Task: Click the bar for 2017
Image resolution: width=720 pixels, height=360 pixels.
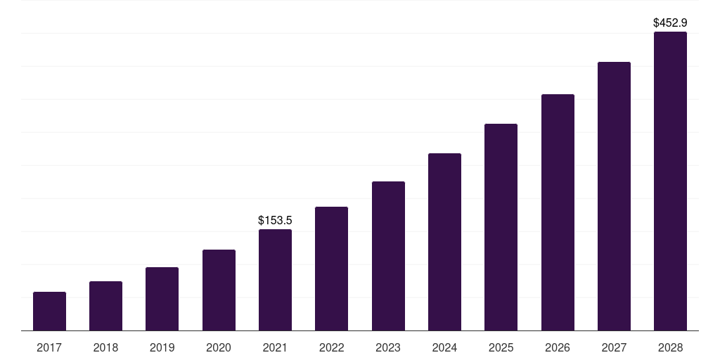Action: click(49, 311)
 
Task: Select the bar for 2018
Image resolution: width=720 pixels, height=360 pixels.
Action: click(105, 306)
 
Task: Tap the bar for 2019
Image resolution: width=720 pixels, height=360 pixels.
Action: click(162, 299)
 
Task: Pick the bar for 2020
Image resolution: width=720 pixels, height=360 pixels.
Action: click(219, 290)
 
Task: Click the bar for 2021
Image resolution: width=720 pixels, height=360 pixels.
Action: click(275, 280)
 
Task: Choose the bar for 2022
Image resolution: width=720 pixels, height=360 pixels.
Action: click(331, 269)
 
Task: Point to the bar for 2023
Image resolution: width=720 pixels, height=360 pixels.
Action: click(388, 256)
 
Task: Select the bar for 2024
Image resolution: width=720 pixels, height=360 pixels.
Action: click(444, 242)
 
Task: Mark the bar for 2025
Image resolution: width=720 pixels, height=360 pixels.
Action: click(501, 227)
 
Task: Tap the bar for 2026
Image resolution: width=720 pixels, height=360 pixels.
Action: click(558, 212)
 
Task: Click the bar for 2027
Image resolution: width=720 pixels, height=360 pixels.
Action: click(614, 196)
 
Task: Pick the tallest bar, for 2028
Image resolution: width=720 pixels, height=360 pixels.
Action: click(670, 181)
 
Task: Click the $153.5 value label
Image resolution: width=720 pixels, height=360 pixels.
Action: click(275, 220)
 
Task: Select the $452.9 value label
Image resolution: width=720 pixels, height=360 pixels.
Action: click(670, 22)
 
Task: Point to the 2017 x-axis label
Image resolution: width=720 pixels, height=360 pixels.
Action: click(49, 347)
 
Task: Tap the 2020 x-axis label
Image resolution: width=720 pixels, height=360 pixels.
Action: click(219, 347)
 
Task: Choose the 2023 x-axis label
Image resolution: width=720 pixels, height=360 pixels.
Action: click(388, 347)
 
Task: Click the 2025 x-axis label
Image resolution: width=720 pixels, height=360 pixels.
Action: click(501, 347)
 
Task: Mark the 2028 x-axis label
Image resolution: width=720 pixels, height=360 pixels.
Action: click(670, 347)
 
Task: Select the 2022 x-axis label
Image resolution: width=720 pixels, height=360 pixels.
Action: click(331, 347)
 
